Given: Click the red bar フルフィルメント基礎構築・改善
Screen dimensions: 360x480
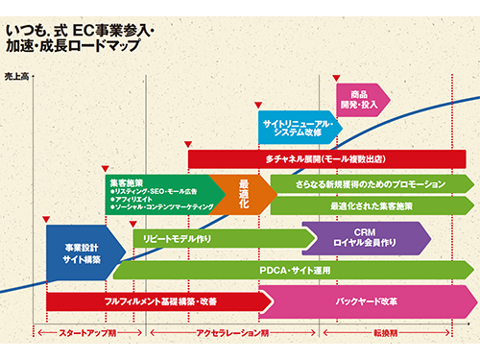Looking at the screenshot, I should [154, 301].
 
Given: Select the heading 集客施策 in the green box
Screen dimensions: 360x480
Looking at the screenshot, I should [127, 182].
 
